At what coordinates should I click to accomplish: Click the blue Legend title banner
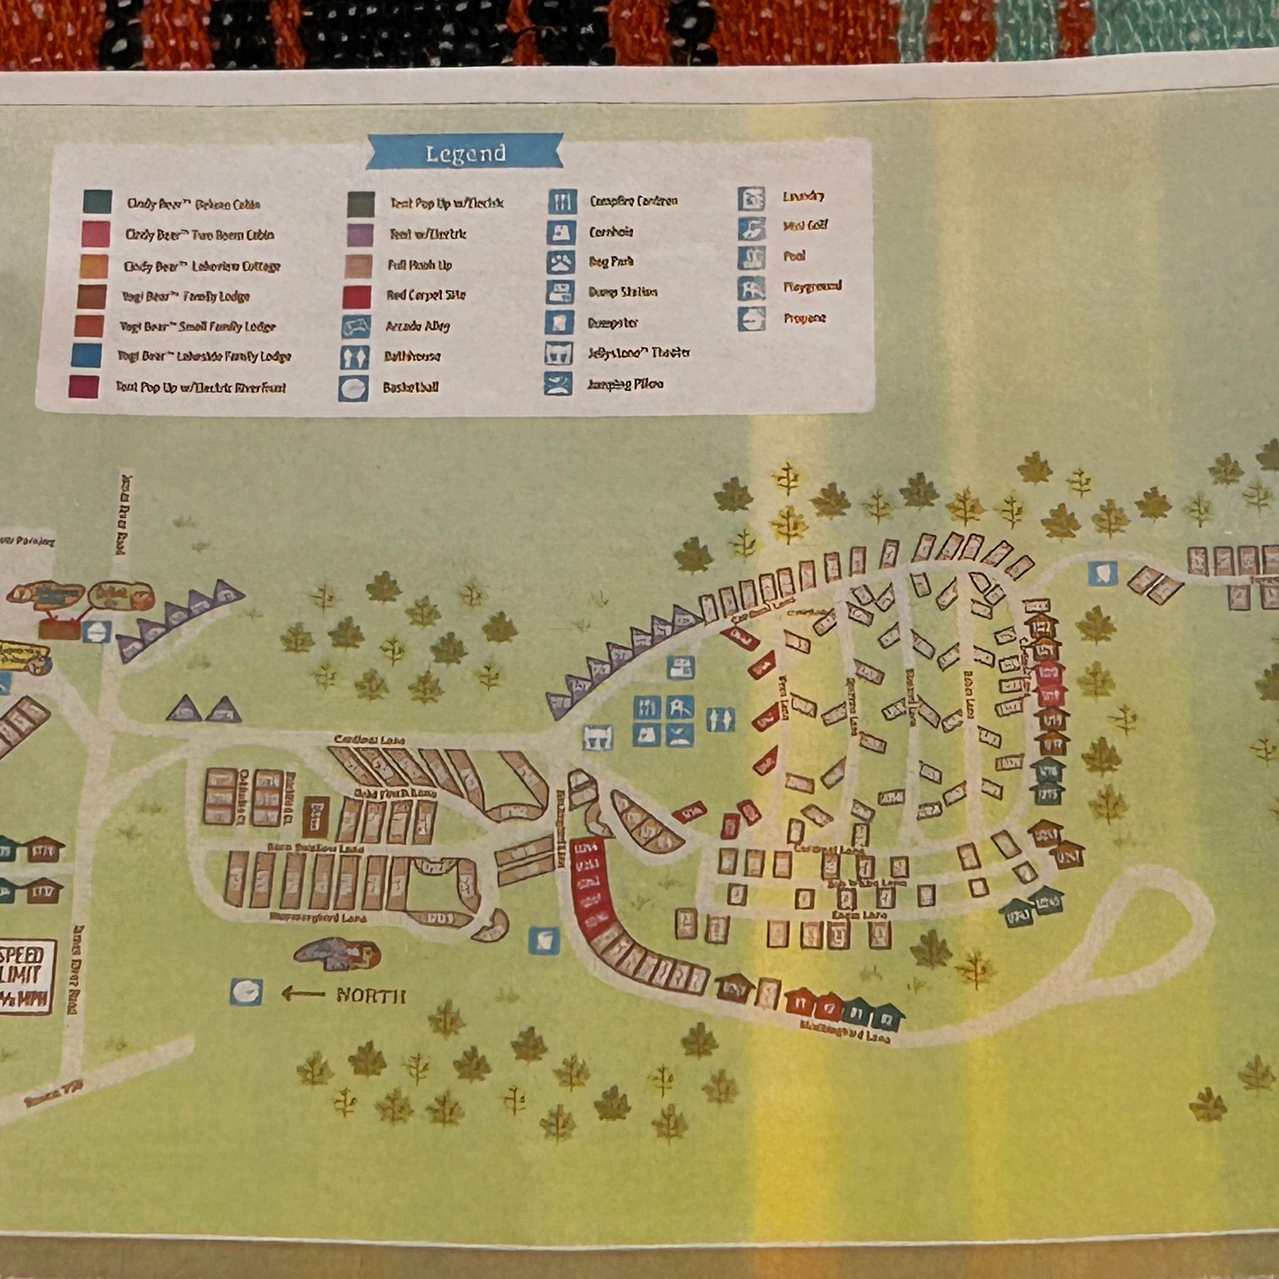point(465,154)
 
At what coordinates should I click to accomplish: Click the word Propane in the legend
point(805,318)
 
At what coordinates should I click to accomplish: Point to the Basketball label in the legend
point(410,387)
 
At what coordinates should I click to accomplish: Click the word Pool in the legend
point(794,256)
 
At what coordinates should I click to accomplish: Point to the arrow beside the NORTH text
point(304,994)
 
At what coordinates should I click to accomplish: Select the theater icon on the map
point(596,737)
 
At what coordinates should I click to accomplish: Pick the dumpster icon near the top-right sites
point(1102,573)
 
